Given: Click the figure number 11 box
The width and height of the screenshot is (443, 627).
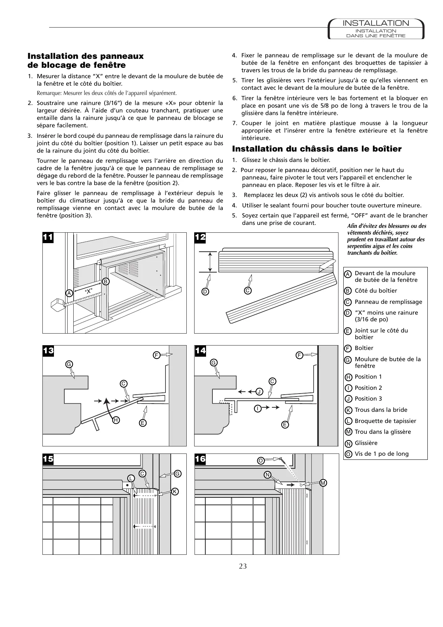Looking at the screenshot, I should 48,238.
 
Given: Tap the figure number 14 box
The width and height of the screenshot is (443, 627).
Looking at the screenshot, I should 200,351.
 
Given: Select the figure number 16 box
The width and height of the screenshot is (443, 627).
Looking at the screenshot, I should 200,459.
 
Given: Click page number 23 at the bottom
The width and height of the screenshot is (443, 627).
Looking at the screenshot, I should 243,566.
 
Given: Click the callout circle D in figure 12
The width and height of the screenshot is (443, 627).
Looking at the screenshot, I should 205,292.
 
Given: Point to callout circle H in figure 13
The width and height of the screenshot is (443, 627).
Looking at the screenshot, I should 116,420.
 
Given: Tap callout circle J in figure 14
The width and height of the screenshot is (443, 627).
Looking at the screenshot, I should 259,391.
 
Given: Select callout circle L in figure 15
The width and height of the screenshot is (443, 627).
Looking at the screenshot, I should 131,478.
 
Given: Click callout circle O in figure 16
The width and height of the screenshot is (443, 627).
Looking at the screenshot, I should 261,461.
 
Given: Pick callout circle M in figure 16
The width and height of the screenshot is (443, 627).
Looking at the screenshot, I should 323,483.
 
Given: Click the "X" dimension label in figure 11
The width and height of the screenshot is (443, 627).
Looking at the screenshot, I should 89,291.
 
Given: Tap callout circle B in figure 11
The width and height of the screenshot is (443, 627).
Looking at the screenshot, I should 106,281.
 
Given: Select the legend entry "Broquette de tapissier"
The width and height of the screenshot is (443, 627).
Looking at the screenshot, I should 385,421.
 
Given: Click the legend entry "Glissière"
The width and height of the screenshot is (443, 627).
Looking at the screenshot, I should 366,443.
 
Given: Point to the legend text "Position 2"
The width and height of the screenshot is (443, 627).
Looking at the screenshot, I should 368,388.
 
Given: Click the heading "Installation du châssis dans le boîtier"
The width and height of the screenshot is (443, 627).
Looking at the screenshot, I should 317,149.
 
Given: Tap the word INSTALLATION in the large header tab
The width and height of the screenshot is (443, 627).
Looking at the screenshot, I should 376,23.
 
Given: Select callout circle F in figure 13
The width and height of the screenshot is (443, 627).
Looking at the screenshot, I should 157,355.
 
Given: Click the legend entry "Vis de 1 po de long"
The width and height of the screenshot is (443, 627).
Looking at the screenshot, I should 382,453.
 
